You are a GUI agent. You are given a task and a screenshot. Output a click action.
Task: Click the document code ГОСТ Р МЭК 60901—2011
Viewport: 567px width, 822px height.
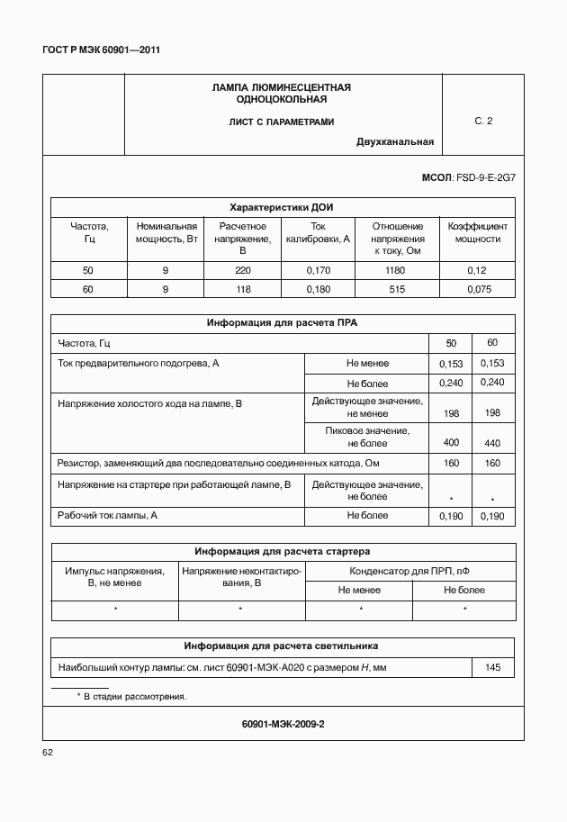tap(101, 50)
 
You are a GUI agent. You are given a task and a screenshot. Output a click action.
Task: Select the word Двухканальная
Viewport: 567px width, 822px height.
tap(394, 141)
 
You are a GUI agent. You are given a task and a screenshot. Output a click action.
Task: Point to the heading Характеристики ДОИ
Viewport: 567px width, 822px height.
tap(282, 206)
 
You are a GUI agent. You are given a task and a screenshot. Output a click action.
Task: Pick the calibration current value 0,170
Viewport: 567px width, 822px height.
tap(319, 270)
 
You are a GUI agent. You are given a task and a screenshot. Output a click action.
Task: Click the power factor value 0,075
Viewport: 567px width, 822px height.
tap(479, 289)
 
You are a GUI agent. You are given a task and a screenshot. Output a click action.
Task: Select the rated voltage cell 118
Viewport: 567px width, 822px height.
tap(243, 289)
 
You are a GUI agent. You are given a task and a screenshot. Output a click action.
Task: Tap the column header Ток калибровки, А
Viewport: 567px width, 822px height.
tap(319, 232)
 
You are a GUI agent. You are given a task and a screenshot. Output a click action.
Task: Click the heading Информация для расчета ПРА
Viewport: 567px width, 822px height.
tap(283, 322)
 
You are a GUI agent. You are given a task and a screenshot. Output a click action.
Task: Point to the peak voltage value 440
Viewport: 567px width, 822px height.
tap(492, 443)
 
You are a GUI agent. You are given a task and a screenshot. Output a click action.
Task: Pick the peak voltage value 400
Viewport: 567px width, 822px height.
tap(451, 443)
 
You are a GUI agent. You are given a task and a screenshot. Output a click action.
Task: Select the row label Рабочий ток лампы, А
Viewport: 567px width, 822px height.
tap(108, 515)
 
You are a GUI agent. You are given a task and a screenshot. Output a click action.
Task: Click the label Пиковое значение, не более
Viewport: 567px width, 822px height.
tap(366, 437)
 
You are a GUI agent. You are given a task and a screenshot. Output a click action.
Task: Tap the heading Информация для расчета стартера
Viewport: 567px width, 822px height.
tap(283, 551)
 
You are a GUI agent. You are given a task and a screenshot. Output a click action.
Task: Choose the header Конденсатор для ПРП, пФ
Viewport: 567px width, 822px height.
tap(410, 571)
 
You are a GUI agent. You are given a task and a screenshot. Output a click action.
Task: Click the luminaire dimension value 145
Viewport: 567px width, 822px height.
tap(492, 667)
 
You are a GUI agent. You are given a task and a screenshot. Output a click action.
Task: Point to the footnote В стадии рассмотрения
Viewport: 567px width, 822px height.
tap(135, 697)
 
